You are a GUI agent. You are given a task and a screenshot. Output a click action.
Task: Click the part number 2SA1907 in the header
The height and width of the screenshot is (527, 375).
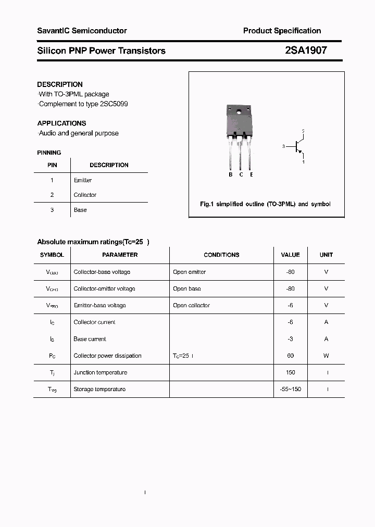[306, 51]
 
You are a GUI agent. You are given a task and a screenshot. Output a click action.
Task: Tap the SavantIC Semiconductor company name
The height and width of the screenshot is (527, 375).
[82, 31]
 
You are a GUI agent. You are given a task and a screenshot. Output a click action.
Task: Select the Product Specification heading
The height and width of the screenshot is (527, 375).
[282, 31]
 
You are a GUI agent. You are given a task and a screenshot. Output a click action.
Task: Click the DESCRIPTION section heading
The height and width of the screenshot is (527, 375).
[60, 84]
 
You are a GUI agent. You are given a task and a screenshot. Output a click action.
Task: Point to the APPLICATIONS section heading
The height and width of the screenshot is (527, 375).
[61, 123]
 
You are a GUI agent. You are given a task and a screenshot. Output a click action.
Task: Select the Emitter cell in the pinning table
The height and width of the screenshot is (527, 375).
[83, 180]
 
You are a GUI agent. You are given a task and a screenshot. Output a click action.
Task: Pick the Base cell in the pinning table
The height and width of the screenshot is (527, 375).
[80, 210]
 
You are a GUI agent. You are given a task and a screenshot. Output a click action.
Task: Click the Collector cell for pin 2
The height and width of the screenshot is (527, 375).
[85, 195]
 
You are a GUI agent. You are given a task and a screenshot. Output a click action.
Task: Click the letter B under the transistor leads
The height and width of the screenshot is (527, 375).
[231, 174]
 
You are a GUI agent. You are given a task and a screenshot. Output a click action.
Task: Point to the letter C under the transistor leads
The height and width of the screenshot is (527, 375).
[241, 174]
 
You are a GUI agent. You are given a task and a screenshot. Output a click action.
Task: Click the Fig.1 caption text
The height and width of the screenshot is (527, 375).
[265, 204]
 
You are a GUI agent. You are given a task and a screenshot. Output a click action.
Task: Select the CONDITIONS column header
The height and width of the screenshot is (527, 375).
[221, 255]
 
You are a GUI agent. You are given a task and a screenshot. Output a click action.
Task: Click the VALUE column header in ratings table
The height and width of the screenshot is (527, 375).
[290, 255]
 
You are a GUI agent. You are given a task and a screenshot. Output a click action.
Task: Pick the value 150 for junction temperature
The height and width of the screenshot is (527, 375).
[290, 372]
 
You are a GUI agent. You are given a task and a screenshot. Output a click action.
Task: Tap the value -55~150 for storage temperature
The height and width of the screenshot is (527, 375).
[290, 389]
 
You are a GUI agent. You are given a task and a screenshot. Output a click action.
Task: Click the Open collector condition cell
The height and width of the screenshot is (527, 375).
[191, 305]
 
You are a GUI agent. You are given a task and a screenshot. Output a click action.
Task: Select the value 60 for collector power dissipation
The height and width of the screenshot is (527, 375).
[290, 356]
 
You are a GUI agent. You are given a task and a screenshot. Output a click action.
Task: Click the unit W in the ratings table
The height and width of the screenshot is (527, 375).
[326, 356]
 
